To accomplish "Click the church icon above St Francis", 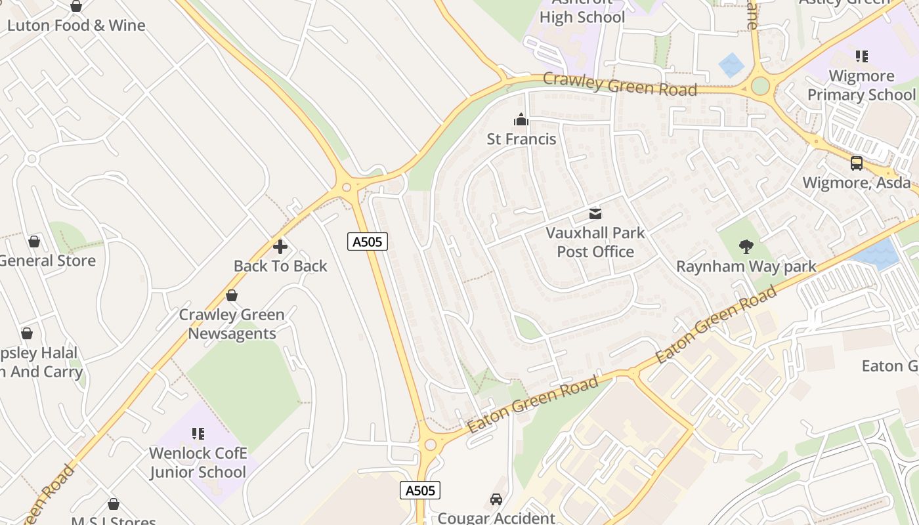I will tap(521, 119).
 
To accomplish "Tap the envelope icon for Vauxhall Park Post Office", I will tap(595, 213).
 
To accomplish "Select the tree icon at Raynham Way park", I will tap(746, 247).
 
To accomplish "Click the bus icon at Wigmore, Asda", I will tap(856, 163).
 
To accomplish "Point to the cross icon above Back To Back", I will tap(280, 247).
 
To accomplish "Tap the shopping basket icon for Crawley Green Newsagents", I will tap(231, 295).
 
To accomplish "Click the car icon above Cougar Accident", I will tap(496, 499).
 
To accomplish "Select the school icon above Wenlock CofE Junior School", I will tap(198, 434).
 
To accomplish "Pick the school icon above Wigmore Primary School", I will tap(861, 56).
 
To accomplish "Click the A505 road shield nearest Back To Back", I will tap(368, 241).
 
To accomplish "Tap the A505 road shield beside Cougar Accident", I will tap(420, 490).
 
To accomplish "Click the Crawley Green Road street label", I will tap(620, 85).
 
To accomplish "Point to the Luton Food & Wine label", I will tap(76, 26).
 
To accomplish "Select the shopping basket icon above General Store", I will tap(34, 241).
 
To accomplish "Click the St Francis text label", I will tap(521, 139).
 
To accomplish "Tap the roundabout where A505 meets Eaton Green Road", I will tap(430, 445).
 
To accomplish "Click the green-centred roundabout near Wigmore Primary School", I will tap(760, 86).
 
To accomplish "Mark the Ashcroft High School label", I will tap(582, 13).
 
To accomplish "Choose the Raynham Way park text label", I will tap(746, 266).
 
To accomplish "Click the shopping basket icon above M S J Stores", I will tap(114, 504).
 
